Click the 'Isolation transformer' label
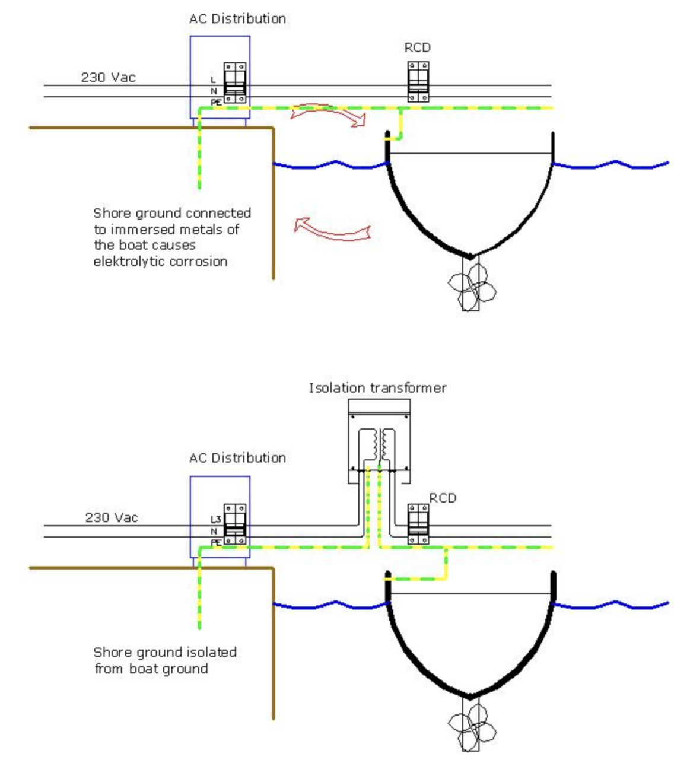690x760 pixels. (377, 388)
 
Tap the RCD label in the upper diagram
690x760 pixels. (418, 47)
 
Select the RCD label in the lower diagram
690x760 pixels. (443, 498)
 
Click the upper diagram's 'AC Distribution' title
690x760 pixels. (237, 18)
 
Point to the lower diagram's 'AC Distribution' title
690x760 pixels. (237, 458)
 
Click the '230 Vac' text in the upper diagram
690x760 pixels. (108, 77)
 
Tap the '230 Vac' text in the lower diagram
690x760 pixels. (112, 517)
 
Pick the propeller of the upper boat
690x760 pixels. (471, 285)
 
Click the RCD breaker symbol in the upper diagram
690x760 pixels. (418, 82)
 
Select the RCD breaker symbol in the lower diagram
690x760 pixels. (418, 524)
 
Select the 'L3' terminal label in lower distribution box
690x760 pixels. (215, 520)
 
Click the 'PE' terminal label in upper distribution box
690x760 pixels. (216, 102)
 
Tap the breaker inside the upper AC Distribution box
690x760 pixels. (235, 83)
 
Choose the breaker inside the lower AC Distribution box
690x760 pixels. (235, 524)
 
